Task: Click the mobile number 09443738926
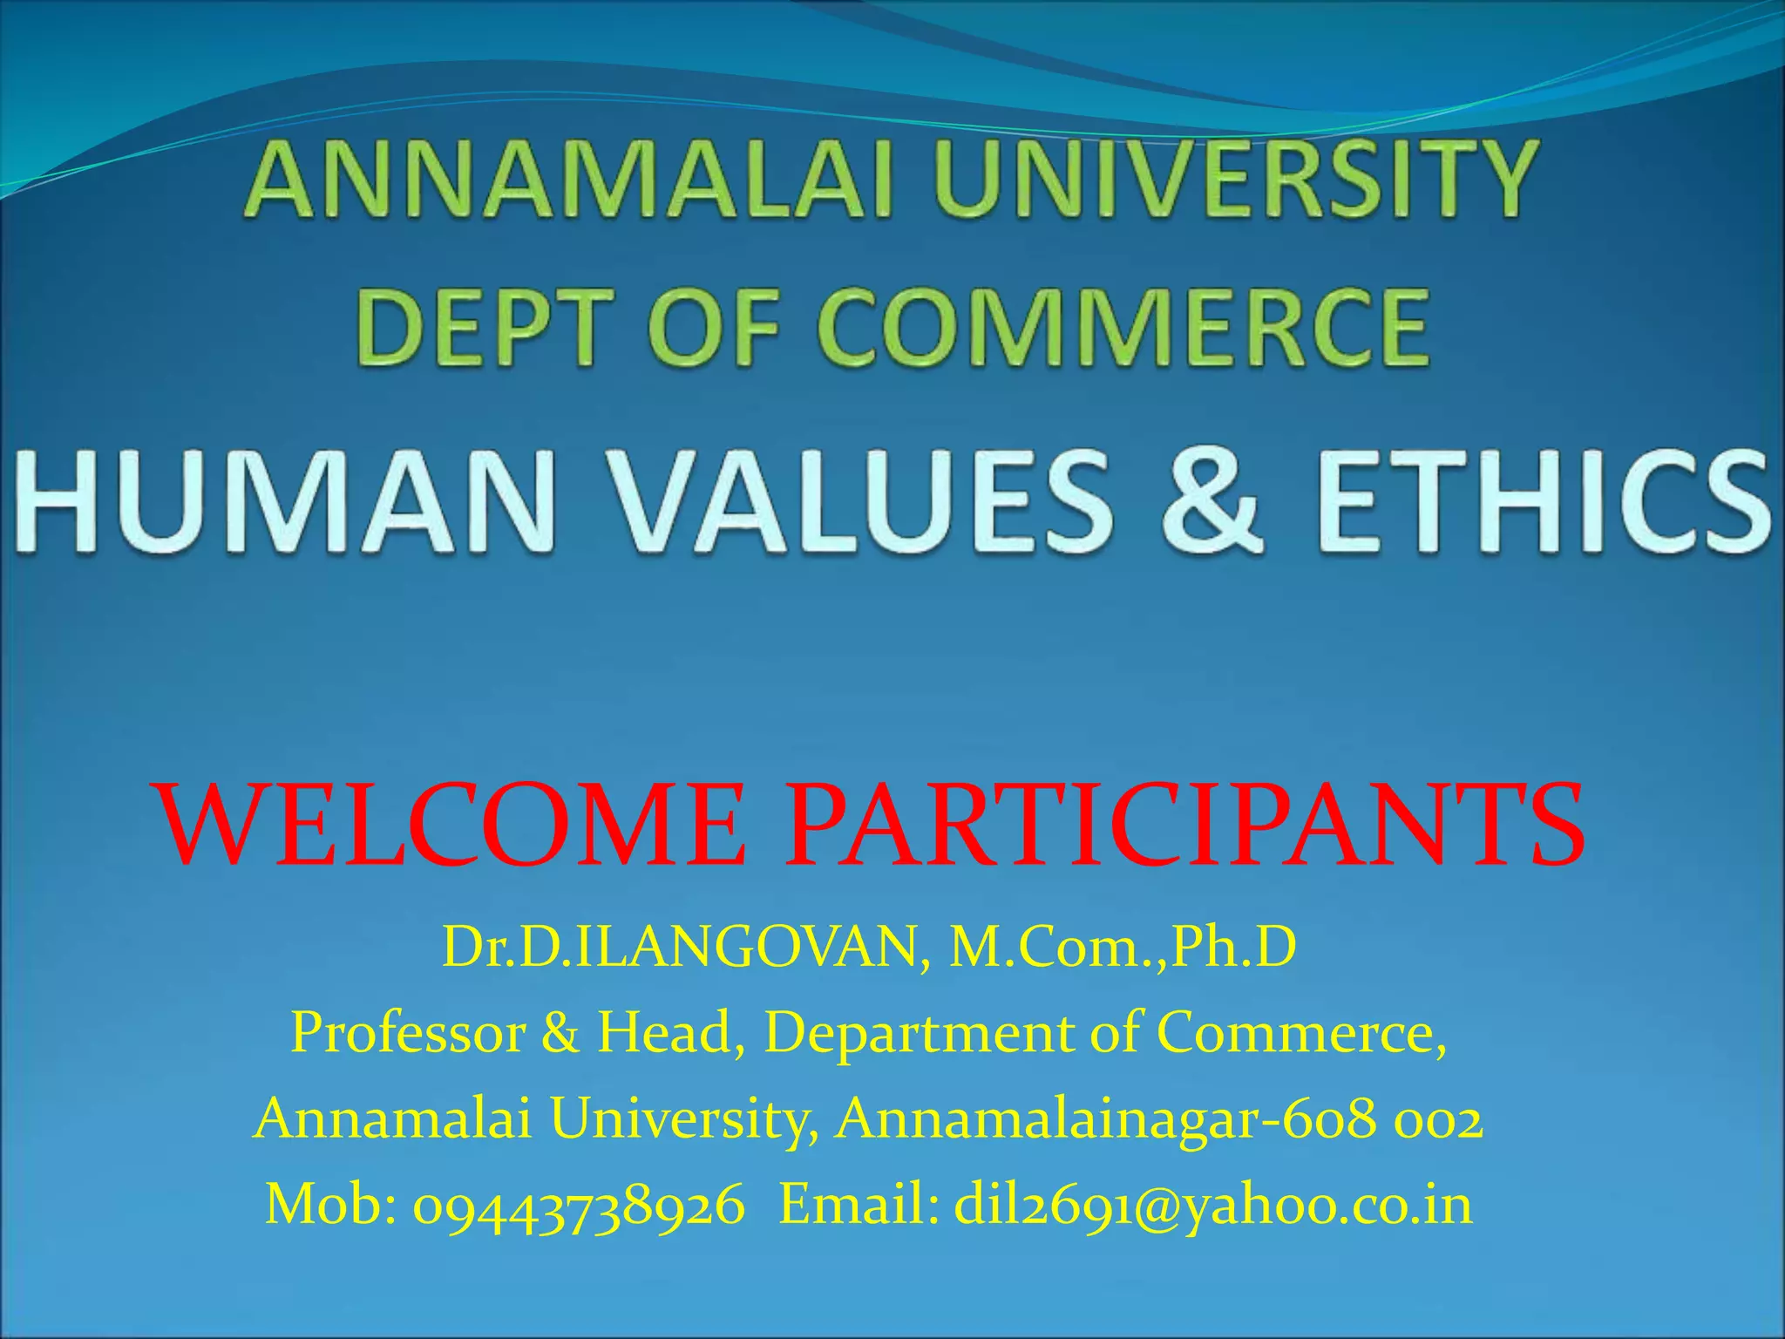tap(579, 1205)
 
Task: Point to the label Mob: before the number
tap(331, 1205)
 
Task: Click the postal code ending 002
tap(1438, 1119)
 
